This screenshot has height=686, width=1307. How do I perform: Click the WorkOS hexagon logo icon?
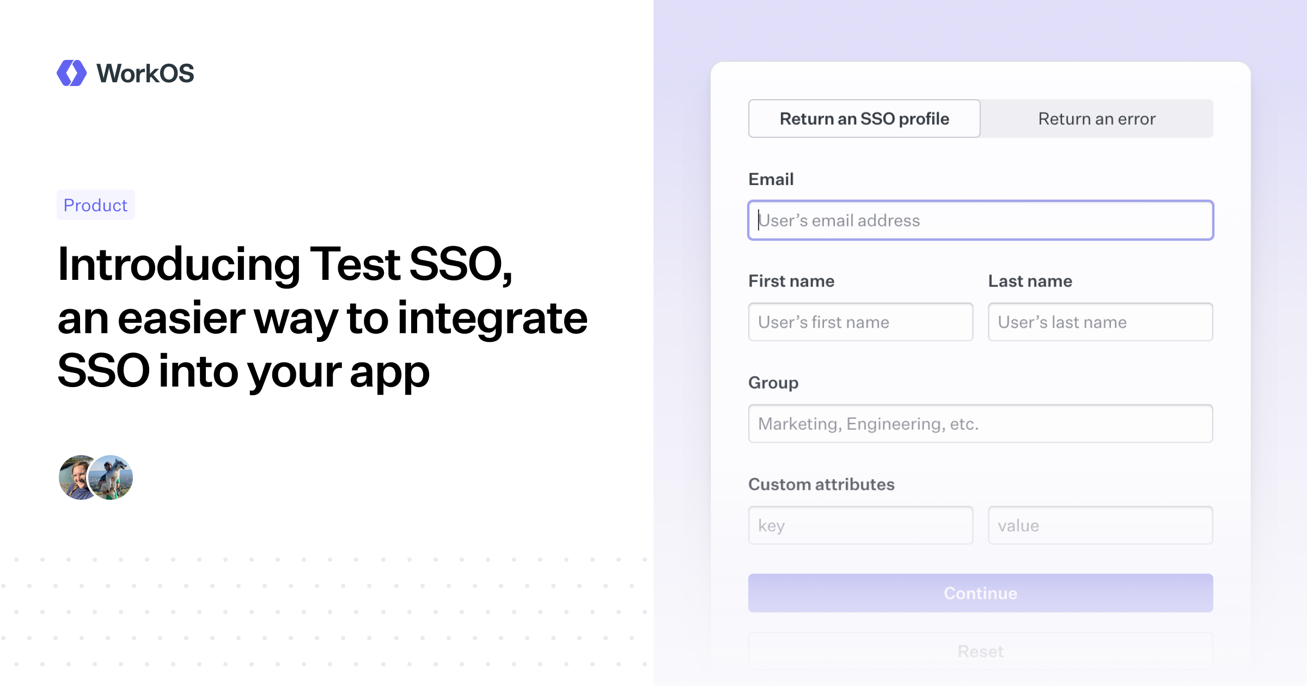click(71, 73)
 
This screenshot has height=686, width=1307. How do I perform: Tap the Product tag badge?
click(95, 205)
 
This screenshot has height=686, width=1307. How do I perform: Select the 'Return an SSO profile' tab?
click(864, 119)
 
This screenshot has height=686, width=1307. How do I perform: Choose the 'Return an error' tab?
click(1097, 119)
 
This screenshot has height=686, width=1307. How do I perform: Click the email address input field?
click(980, 220)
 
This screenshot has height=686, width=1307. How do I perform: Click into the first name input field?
click(860, 322)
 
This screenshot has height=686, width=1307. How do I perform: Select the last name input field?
click(1100, 322)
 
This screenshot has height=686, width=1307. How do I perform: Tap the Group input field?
click(980, 424)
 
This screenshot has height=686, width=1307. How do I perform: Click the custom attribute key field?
click(860, 525)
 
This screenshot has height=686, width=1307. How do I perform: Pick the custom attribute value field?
click(1100, 525)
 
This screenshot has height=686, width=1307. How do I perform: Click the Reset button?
click(980, 651)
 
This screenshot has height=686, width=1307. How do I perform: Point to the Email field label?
click(771, 179)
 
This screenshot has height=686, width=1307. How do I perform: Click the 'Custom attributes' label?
click(821, 484)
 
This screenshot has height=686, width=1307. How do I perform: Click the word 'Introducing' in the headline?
click(179, 265)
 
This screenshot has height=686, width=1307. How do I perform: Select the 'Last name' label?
click(1030, 281)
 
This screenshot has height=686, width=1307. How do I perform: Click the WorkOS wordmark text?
click(145, 73)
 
